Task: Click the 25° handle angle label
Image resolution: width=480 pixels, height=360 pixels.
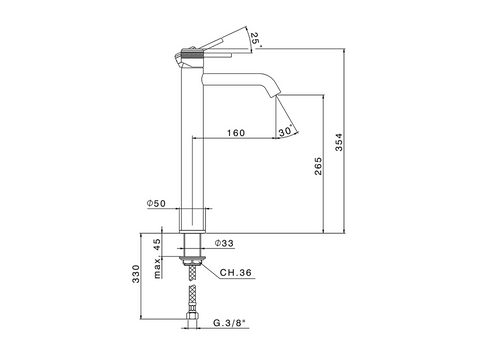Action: (x=256, y=39)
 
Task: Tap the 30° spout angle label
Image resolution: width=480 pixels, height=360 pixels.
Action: (x=286, y=130)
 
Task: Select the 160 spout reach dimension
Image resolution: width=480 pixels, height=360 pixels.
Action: (x=236, y=133)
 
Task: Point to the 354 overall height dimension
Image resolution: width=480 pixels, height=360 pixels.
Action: (x=339, y=142)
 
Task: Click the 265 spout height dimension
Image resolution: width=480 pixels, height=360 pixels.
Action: (x=318, y=166)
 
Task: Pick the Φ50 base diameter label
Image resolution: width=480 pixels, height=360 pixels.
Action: (x=156, y=203)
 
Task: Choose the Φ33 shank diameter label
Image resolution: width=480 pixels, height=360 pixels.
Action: (x=224, y=243)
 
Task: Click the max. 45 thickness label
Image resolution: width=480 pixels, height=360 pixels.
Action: (x=157, y=258)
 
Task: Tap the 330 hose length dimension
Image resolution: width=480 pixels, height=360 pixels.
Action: (x=136, y=274)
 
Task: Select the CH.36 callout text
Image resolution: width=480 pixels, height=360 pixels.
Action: (x=236, y=273)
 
